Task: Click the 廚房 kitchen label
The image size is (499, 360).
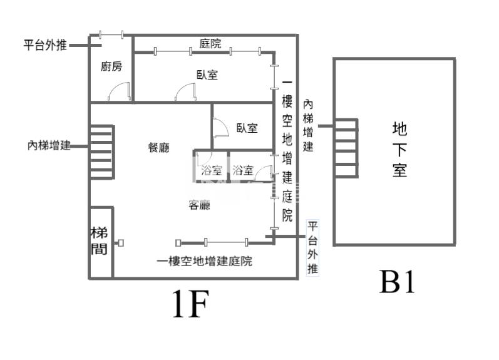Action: click(111, 67)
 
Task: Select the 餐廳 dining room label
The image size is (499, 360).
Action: click(158, 148)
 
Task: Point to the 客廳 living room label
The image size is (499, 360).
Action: click(199, 204)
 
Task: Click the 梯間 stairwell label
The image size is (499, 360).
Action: click(100, 240)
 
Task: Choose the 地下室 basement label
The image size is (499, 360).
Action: click(399, 150)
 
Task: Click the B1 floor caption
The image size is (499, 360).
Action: click(397, 283)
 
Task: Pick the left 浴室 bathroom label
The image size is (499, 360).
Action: click(211, 170)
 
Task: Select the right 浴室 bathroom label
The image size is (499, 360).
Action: click(242, 170)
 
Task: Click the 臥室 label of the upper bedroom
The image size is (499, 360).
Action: click(207, 75)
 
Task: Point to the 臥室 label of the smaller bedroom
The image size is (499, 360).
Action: click(247, 128)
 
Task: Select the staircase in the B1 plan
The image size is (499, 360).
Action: click(346, 148)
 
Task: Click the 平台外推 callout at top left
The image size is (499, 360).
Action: click(44, 45)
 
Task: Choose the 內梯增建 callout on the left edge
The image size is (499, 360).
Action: click(48, 145)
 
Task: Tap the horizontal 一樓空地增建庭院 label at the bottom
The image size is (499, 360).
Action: click(205, 262)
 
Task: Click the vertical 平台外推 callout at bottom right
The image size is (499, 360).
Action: click(312, 248)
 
